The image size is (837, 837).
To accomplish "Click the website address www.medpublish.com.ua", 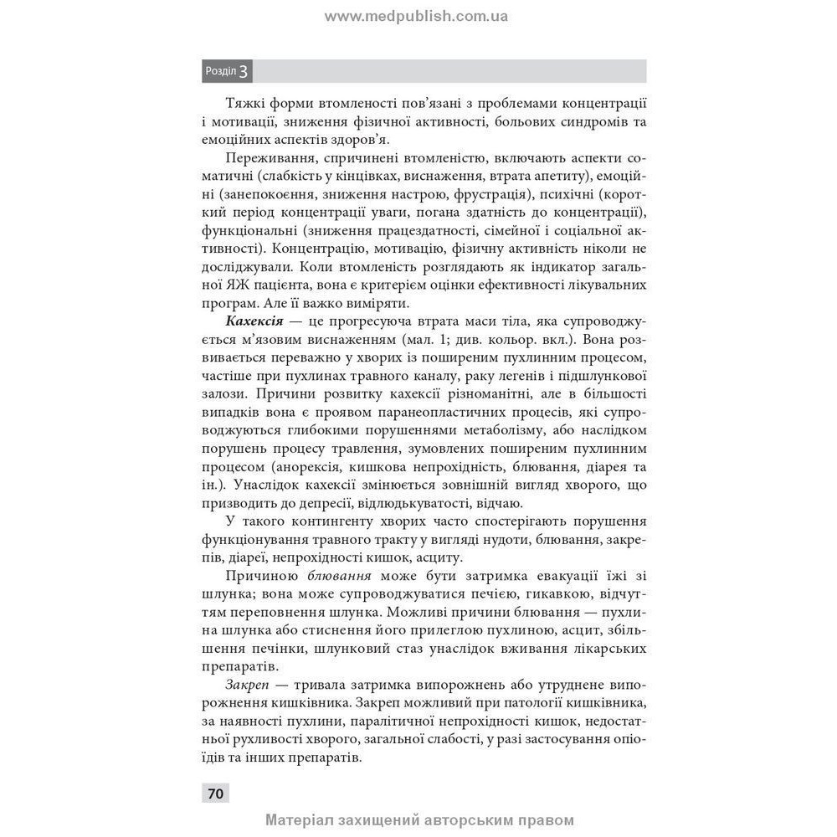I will (x=416, y=16).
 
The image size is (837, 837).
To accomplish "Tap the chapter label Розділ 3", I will (x=227, y=71).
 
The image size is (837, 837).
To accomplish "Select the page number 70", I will (x=215, y=793).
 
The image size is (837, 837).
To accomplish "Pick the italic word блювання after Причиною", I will (x=340, y=576).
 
